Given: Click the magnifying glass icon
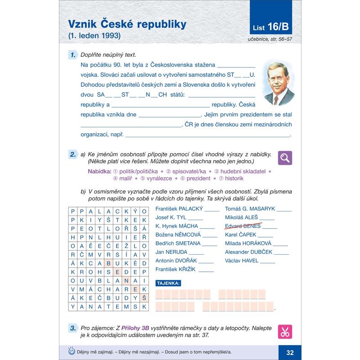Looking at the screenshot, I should tap(285, 157).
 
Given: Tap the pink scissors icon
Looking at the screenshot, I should tap(285, 332).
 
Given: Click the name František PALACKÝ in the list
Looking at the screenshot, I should tap(178, 209).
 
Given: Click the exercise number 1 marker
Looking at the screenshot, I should tap(72, 55).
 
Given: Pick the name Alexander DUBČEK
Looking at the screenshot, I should tap(248, 252).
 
